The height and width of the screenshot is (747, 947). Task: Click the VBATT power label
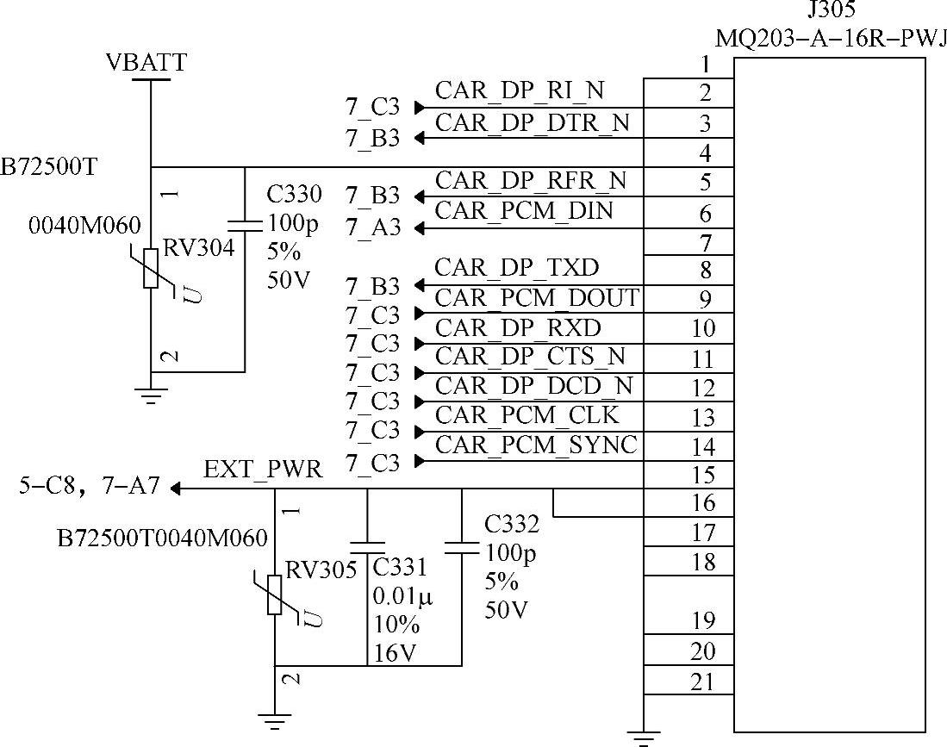click(146, 63)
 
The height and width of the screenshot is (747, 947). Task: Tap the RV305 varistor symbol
click(274, 594)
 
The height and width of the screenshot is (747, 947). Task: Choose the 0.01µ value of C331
click(402, 596)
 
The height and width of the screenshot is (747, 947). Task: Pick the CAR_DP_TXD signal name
click(517, 267)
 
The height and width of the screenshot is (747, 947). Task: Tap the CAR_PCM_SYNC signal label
click(537, 445)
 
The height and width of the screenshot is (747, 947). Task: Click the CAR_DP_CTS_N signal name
click(531, 356)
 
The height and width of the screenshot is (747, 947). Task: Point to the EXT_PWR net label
click(263, 470)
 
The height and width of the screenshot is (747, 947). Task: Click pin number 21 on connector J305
click(703, 682)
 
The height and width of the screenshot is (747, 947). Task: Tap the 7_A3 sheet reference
click(372, 228)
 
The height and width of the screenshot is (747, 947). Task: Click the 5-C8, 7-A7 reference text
click(90, 487)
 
